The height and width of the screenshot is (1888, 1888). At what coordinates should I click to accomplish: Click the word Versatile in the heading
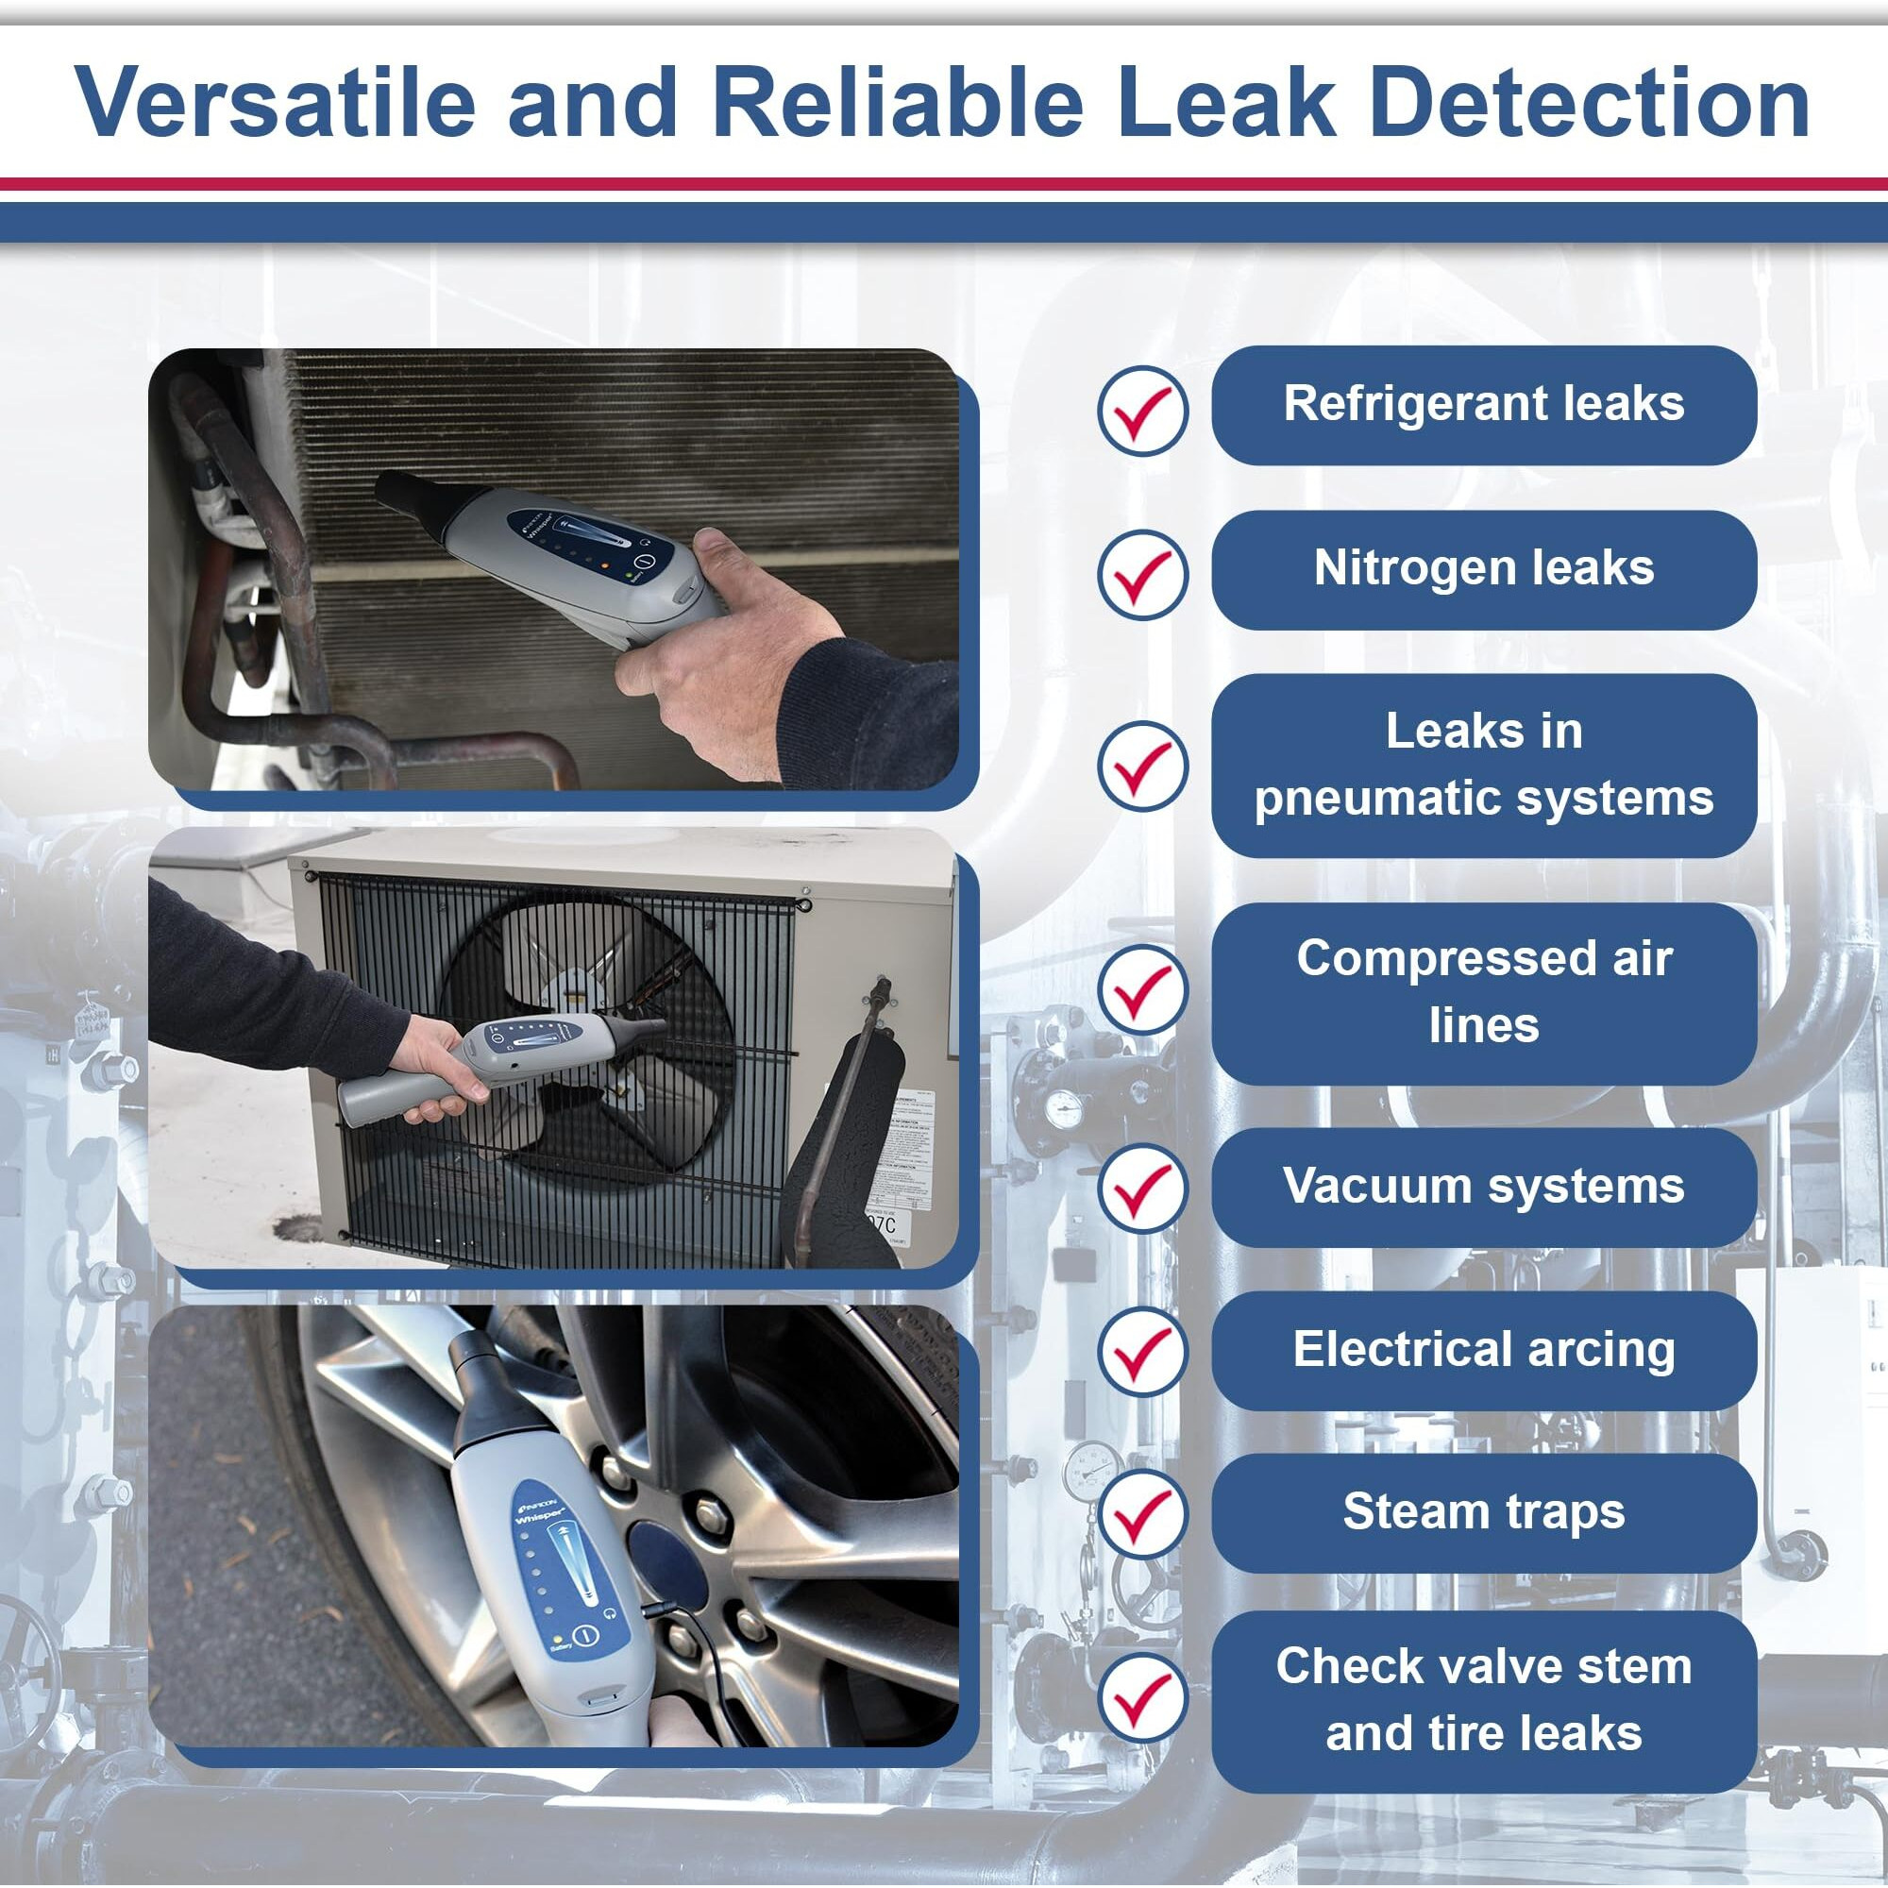(275, 102)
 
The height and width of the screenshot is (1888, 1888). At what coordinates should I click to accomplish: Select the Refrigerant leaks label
(1483, 405)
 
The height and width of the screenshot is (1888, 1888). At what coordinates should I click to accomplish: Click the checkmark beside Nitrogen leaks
(1142, 574)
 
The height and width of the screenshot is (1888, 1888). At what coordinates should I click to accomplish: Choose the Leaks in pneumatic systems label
(1483, 766)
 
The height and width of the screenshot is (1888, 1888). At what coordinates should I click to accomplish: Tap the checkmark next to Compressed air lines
(1142, 990)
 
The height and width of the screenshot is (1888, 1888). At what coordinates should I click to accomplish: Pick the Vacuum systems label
(1483, 1188)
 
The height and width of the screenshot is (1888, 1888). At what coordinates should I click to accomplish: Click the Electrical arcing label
(1483, 1351)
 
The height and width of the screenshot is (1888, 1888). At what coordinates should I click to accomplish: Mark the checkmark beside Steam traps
(1142, 1515)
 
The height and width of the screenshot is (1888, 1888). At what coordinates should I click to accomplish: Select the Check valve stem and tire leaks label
(1483, 1700)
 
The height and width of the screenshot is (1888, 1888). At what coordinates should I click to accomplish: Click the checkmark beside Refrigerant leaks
(1142, 410)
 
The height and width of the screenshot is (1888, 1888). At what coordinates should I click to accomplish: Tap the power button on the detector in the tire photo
(584, 1635)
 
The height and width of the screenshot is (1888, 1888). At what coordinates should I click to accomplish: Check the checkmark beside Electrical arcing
(1142, 1352)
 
